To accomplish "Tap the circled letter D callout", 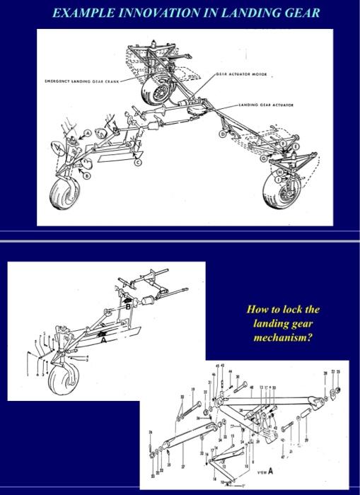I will coord(223,133).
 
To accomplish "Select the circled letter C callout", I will coord(138,163).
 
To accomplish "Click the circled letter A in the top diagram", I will coord(86,133).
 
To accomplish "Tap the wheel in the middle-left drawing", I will coord(62,381).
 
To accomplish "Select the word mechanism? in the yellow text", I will coord(283,337).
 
